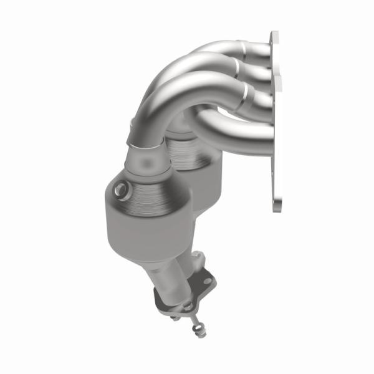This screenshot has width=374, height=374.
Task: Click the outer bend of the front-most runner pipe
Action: (x=168, y=93)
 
